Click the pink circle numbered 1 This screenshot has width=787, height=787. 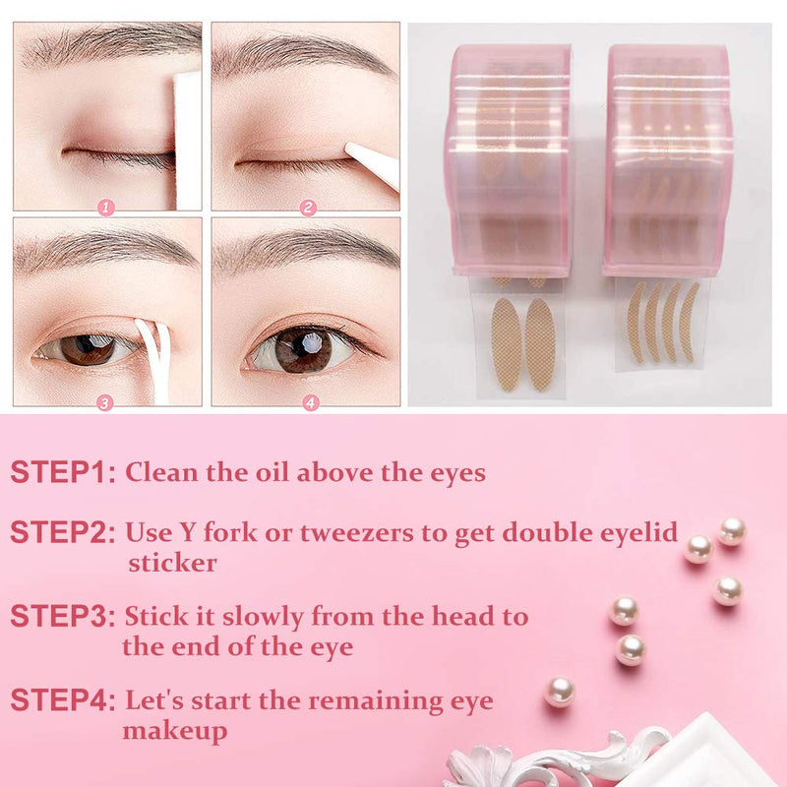[106, 208]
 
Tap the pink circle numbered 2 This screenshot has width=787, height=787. [308, 208]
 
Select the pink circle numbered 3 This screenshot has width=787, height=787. [104, 403]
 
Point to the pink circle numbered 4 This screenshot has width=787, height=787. [311, 402]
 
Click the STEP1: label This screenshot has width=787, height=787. [63, 472]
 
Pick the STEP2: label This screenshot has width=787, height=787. [63, 532]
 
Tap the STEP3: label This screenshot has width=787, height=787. [63, 616]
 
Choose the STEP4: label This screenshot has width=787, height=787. [63, 699]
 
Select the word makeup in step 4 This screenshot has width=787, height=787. [175, 732]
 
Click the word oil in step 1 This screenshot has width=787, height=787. [272, 472]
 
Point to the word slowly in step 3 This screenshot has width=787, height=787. [263, 618]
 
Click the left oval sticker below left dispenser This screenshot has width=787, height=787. [507, 344]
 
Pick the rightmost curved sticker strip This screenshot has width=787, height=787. [689, 322]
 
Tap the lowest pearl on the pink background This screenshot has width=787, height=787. [560, 692]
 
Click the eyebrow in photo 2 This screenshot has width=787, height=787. [301, 56]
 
